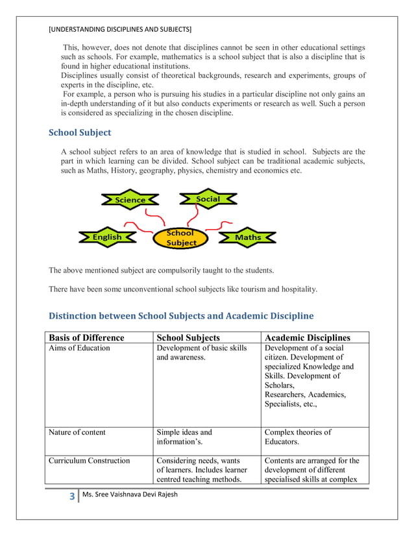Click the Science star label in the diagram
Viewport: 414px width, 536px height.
[x=130, y=200]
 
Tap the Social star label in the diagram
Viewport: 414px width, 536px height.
[x=208, y=199]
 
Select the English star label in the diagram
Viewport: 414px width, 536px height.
[x=107, y=238]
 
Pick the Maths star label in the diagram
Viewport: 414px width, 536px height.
[x=247, y=238]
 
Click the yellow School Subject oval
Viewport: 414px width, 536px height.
[x=180, y=238]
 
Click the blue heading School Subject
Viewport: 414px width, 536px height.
[x=80, y=133]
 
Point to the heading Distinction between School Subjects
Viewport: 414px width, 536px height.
[x=181, y=316]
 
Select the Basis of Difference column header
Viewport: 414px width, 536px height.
[x=86, y=337]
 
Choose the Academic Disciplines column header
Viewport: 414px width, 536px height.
[x=308, y=337]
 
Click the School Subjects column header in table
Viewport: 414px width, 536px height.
[x=188, y=337]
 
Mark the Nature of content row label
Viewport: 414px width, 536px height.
[x=77, y=432]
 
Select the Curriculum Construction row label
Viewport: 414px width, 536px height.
[x=89, y=461]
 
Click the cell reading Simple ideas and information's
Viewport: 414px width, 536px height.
[x=184, y=437]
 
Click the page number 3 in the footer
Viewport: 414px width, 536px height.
[x=71, y=497]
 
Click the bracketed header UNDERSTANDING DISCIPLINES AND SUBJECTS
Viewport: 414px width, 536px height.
[x=120, y=29]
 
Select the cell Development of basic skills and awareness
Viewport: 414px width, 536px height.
[x=202, y=353]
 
